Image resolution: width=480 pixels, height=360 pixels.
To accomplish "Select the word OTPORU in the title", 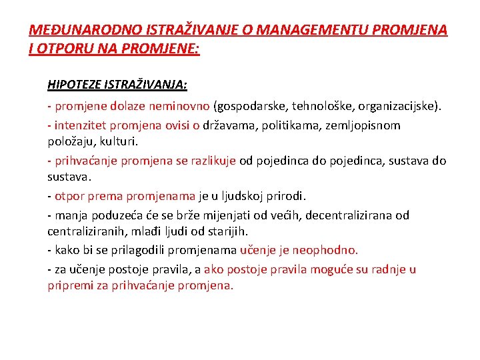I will click(x=61, y=49).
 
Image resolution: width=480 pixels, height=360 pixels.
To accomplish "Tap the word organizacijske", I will click(x=398, y=106).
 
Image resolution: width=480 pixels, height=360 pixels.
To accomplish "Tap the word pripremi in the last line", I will click(x=69, y=285).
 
